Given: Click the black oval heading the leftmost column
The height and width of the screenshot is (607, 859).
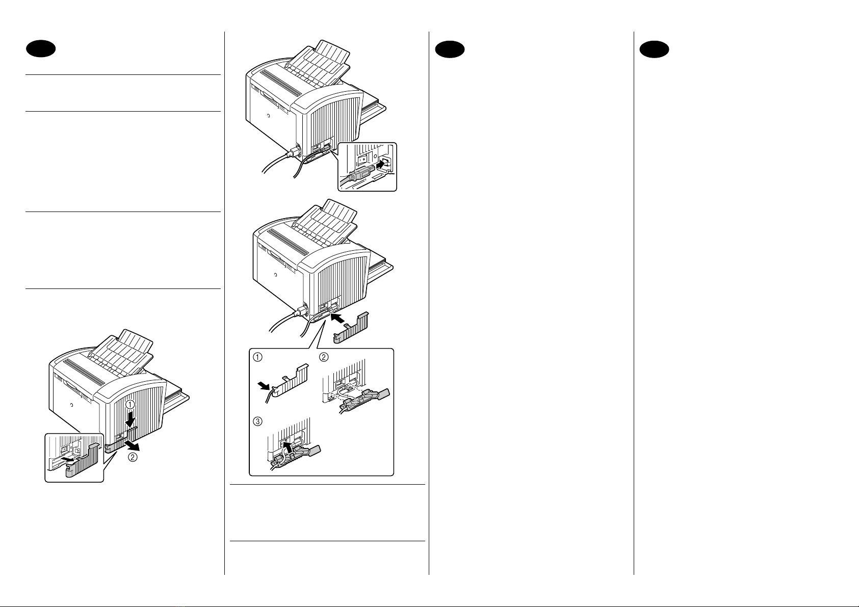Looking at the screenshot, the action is click(41, 49).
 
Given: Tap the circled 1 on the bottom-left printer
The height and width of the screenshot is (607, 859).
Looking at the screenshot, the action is click(131, 405).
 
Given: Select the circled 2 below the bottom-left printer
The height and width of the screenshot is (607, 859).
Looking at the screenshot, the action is click(133, 457).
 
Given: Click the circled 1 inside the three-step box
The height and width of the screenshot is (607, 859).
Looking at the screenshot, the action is click(258, 357).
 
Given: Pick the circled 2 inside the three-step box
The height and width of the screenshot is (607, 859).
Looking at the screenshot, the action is click(324, 357).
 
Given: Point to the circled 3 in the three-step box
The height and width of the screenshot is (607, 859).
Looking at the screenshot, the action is click(258, 421).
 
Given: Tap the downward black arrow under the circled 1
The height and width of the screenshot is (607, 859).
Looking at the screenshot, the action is click(131, 419).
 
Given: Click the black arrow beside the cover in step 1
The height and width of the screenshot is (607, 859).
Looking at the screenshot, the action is click(265, 385).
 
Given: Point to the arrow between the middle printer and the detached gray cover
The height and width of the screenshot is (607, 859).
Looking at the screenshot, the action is click(338, 318).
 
